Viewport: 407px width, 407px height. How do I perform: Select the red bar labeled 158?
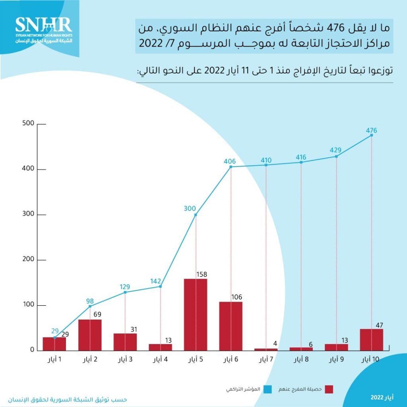click(195, 314)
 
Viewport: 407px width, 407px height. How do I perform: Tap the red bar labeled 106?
click(231, 326)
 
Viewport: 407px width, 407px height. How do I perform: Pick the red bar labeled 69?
click(90, 335)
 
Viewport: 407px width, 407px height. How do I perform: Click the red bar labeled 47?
click(372, 339)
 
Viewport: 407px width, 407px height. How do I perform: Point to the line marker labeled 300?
click(196, 215)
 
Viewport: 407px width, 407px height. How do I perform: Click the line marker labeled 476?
click(372, 135)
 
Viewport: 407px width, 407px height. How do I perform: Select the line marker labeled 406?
click(231, 167)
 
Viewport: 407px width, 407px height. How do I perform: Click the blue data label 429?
click(336, 151)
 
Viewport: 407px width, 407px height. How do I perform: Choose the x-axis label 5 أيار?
click(195, 360)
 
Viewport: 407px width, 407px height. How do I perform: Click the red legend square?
click(329, 390)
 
